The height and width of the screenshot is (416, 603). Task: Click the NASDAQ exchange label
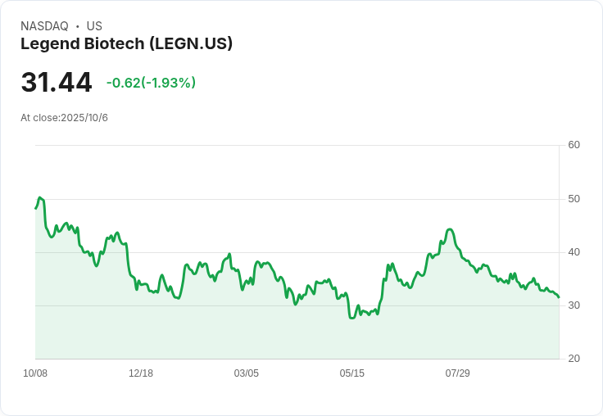coord(44,26)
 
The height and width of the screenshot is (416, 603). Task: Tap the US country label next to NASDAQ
coord(94,26)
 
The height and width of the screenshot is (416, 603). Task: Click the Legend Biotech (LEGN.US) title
coord(126,43)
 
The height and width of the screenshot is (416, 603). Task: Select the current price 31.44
coord(57,83)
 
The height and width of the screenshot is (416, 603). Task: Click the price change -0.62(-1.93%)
coord(151,83)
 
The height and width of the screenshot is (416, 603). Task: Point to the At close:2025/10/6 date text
coord(64,118)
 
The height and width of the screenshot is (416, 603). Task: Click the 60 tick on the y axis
coord(574,145)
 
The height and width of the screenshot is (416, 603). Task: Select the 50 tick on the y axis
coord(574,199)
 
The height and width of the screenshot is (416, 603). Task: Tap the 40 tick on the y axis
coord(574,252)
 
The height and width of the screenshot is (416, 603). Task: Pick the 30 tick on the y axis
coord(574,305)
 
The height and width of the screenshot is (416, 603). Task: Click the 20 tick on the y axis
coord(574,359)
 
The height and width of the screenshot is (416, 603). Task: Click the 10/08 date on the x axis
coord(35,373)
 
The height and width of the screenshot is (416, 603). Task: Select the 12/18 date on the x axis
coord(141,373)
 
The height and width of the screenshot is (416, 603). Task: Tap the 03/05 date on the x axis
coord(246,373)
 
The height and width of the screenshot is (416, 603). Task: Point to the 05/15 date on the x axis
coord(351,373)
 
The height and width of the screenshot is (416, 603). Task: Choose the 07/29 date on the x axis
coord(457,373)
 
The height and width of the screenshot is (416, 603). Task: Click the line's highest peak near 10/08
coord(40,198)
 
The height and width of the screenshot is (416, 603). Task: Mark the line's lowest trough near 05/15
coord(352,318)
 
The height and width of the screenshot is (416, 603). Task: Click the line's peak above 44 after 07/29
coord(450,229)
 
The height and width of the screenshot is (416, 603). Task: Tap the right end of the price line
coord(559,297)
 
